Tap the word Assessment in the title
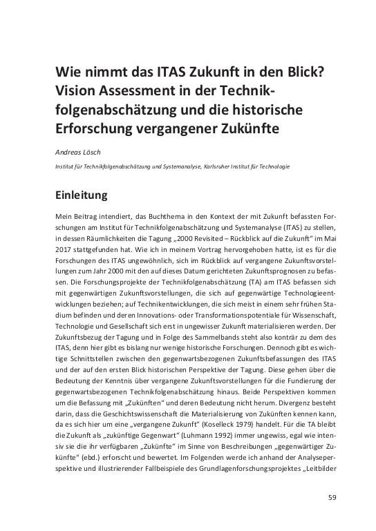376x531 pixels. pos(146,92)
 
